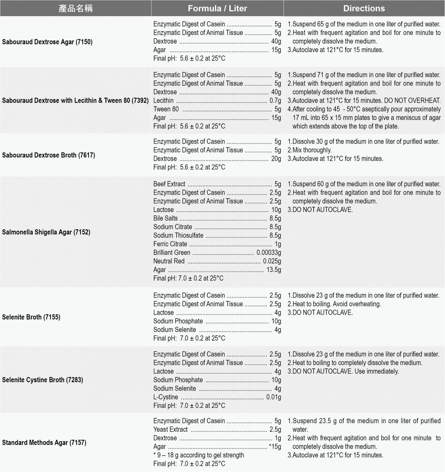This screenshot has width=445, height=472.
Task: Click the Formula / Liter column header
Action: [217, 8]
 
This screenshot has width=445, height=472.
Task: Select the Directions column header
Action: [364, 8]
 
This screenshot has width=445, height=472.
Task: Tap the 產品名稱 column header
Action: [75, 8]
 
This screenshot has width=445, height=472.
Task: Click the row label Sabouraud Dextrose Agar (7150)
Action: [47, 42]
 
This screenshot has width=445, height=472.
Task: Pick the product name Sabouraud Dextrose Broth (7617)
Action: [48, 155]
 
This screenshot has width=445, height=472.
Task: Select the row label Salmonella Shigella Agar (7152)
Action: [46, 232]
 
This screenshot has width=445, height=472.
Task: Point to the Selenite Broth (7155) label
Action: [31, 317]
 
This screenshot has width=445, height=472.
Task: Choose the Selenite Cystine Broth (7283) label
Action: [42, 380]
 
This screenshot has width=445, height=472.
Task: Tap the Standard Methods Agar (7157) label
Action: [44, 442]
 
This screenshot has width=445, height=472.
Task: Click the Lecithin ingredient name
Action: [163, 101]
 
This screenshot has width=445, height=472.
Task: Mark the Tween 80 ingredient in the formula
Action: [166, 109]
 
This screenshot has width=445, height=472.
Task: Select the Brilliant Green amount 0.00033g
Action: [269, 253]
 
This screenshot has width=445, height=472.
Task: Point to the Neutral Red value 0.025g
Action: [272, 261]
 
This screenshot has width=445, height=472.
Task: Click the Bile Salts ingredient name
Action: [165, 218]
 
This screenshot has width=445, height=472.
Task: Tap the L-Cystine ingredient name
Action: [165, 397]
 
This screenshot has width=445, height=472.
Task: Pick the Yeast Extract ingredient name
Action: [170, 430]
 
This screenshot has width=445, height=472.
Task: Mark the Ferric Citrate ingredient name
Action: [170, 244]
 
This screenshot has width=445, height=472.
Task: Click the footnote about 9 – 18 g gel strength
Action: [199, 455]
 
